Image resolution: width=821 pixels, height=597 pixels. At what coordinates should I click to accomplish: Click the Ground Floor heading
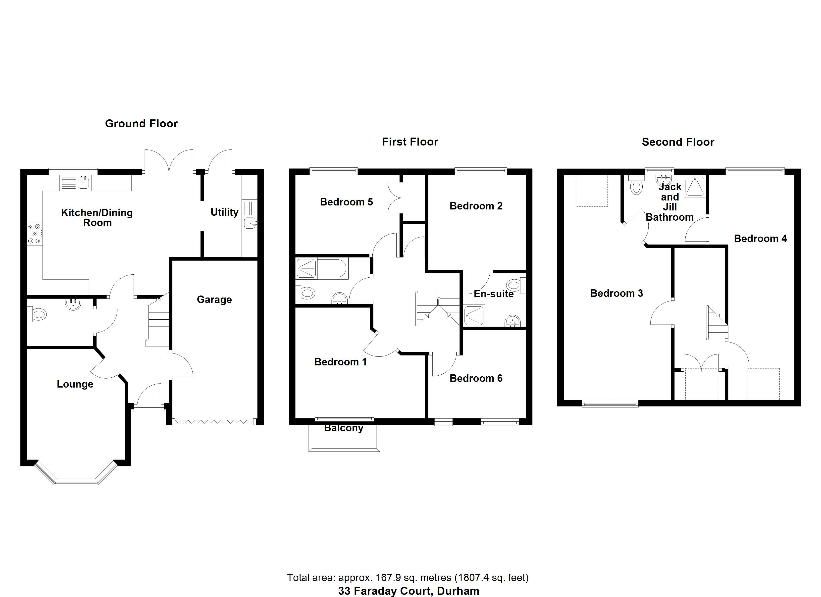point(141,124)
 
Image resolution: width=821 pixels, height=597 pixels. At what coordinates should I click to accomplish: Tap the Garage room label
point(214,299)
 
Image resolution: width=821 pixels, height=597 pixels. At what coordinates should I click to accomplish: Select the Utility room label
point(224,212)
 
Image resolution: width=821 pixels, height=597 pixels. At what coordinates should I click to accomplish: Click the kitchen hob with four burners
point(35,234)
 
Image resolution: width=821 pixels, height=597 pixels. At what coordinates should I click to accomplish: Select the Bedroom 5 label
point(346,202)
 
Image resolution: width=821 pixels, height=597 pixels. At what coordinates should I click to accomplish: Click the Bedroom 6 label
point(476,378)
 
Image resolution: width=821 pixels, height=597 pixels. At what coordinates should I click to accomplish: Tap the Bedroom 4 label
point(760,239)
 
